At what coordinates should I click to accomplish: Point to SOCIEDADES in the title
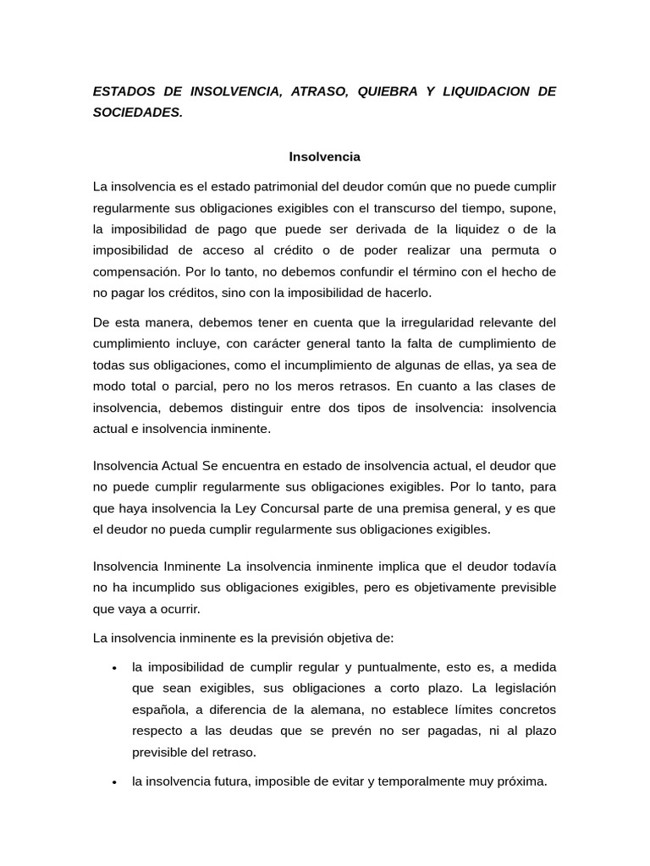tap(137, 112)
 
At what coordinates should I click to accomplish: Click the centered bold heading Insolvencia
tap(325, 156)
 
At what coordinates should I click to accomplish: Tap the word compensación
tap(135, 271)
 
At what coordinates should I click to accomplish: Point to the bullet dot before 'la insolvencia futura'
tap(113, 783)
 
